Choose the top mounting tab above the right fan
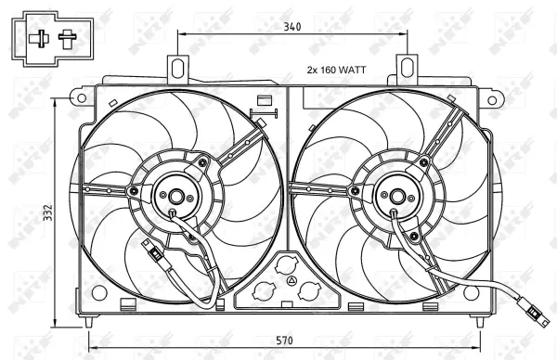[x=407, y=68]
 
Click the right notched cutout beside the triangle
[x=309, y=290]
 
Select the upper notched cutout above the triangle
[x=286, y=264]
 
